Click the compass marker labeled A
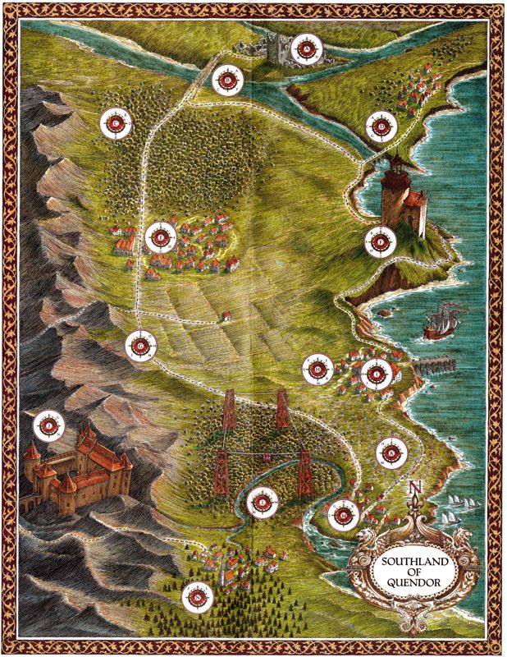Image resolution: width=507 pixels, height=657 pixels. [307, 50]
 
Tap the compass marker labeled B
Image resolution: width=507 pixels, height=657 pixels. [226, 80]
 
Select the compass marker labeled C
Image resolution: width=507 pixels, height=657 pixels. [116, 123]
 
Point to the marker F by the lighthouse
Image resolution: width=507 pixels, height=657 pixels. [380, 241]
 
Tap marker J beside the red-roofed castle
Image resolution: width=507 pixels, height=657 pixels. [48, 425]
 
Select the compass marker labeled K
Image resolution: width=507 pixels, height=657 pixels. [391, 454]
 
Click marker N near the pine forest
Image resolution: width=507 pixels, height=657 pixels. [197, 597]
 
